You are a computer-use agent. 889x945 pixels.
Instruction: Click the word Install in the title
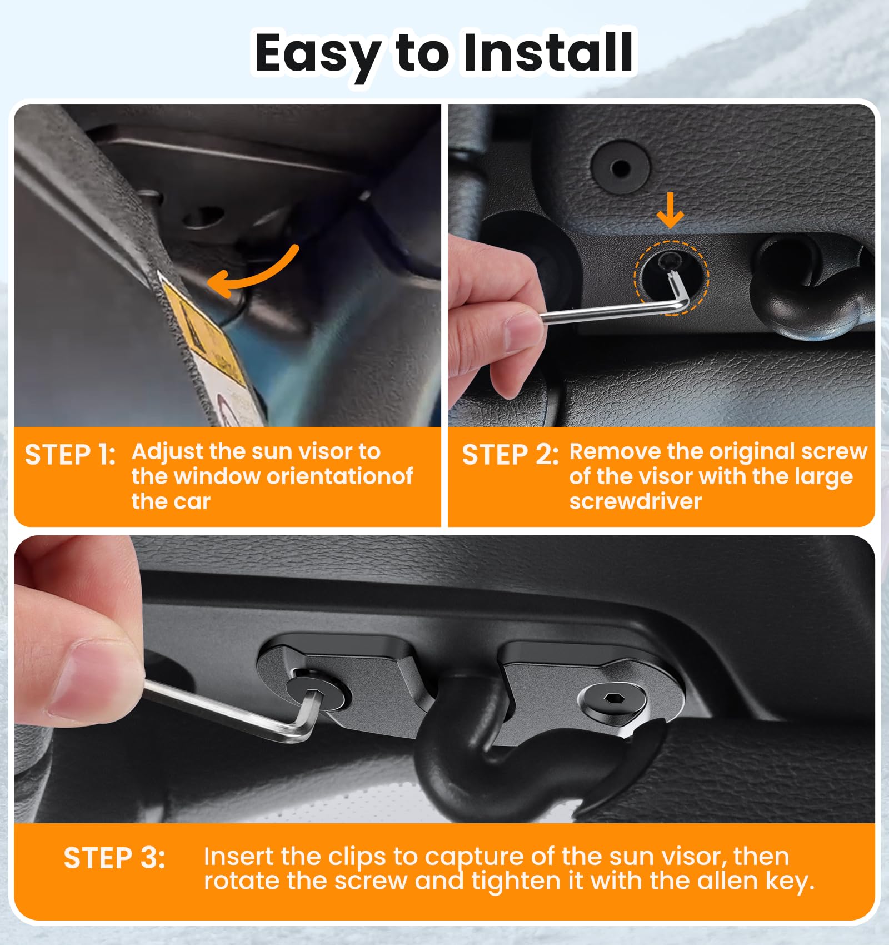(x=547, y=53)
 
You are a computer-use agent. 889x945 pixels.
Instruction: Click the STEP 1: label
(x=70, y=455)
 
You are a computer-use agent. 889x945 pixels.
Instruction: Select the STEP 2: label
(x=510, y=455)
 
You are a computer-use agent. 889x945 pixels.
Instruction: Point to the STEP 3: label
(x=114, y=858)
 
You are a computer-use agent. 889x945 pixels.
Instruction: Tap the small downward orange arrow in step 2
(x=670, y=210)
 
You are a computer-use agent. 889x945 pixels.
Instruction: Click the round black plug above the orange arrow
(x=620, y=167)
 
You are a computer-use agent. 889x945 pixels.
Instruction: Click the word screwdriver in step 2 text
(x=635, y=501)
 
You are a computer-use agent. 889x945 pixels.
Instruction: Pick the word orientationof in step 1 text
(x=339, y=476)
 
